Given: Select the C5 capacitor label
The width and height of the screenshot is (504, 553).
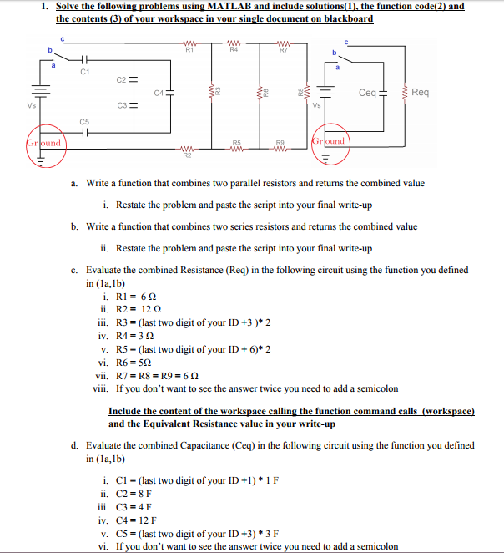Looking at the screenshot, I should click(x=83, y=122).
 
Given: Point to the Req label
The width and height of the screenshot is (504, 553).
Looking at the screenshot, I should click(x=421, y=93).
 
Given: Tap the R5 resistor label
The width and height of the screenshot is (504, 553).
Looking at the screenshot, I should click(x=237, y=143).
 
